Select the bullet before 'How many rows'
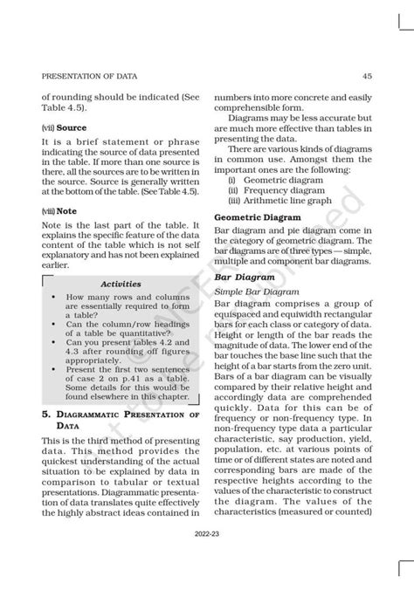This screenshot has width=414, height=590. pyautogui.click(x=53, y=298)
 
